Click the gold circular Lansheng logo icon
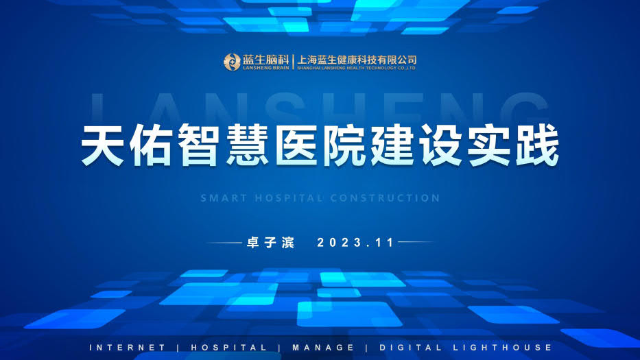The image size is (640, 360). coord(232,62)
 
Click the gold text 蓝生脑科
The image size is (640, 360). coord(265,59)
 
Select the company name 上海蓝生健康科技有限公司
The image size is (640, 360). coord(357,60)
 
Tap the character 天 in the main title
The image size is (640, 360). coord(102,145)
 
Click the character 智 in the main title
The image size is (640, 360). coord(198,145)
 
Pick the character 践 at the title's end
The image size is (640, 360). coord(537,145)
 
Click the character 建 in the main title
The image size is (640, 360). coord(392,145)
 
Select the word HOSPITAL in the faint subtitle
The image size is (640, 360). coord(289,198)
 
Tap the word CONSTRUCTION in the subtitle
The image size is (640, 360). coord(385,198)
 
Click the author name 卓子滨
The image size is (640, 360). coord(270,243)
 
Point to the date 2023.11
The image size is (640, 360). coord(355,243)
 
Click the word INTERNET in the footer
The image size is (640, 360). coord(127,348)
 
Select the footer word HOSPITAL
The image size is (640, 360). coord(228,348)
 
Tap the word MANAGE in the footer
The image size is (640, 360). coord(323,348)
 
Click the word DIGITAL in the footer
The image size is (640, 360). coord(410,348)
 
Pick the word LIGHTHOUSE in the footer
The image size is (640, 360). coord(502,348)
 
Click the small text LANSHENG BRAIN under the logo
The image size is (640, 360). coord(265,68)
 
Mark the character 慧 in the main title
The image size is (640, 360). coord(248,145)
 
